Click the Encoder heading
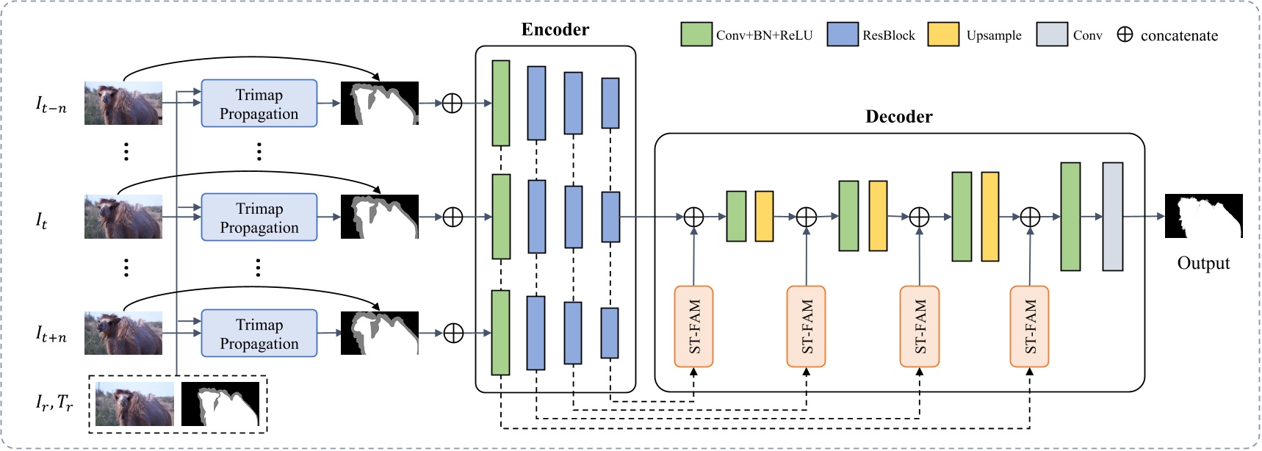[555, 29]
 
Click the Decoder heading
[898, 117]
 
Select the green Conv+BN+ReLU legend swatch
[696, 35]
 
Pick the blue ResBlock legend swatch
[843, 35]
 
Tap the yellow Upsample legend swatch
[943, 35]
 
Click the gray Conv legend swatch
[1051, 35]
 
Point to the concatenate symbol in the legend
[1125, 35]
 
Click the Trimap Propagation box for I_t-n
[259, 104]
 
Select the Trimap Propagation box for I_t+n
[259, 333]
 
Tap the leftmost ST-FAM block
[693, 326]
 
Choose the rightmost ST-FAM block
[1029, 326]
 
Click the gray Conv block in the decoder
[1112, 217]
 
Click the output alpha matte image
[1203, 216]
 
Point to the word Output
[1202, 263]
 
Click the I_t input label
[42, 220]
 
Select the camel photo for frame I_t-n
[123, 103]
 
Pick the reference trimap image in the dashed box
[220, 403]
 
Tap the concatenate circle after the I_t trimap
[452, 217]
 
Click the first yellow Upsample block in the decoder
[764, 216]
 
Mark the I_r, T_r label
[54, 403]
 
